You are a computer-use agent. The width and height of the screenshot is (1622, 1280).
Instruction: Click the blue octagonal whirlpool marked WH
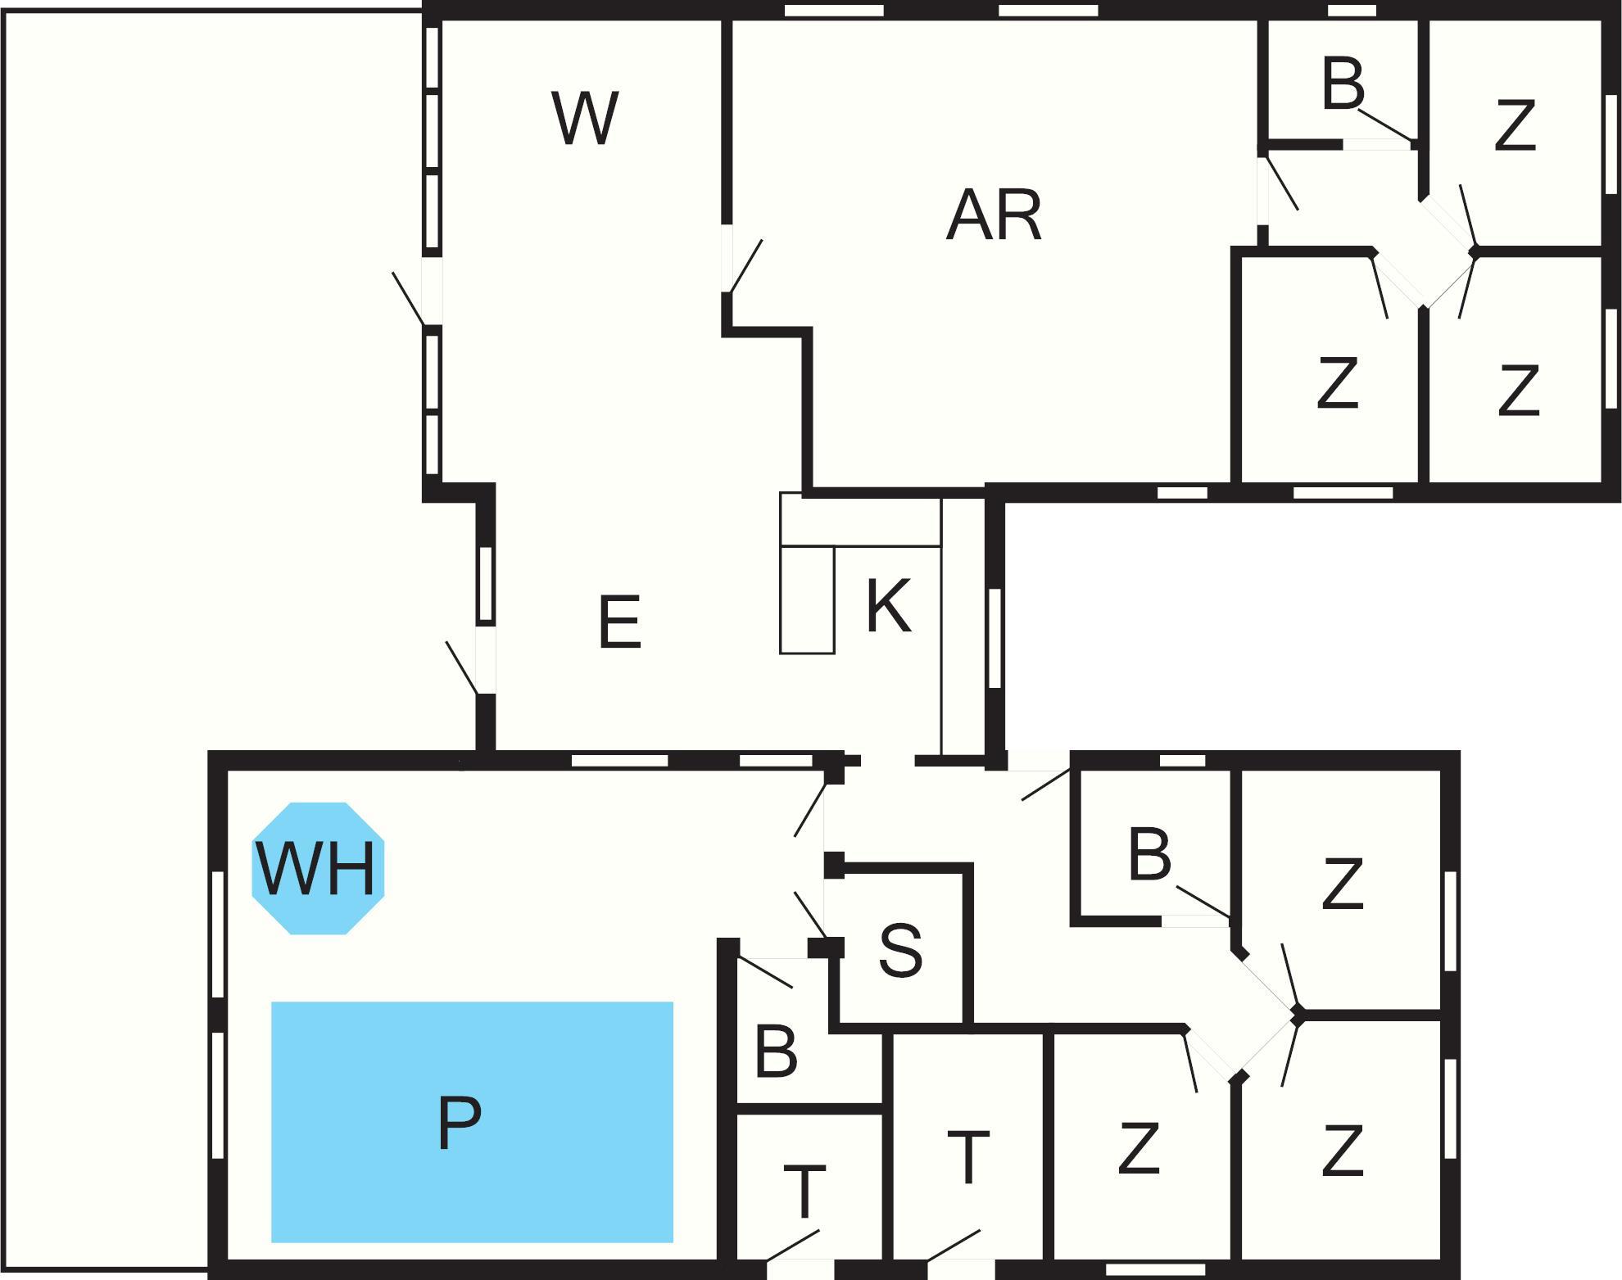(x=317, y=868)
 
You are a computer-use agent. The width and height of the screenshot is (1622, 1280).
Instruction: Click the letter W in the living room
(x=584, y=119)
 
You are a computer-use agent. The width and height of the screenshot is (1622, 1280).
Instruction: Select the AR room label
(x=994, y=215)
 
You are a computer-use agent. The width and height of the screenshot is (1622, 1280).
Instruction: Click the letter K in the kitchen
(x=888, y=606)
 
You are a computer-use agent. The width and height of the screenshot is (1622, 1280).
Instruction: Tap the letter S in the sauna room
(x=900, y=951)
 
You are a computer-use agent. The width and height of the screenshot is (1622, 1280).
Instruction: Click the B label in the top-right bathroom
(x=1343, y=84)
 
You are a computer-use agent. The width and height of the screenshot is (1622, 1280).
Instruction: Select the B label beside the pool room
(x=775, y=1052)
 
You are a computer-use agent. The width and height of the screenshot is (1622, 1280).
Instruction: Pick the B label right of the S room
(x=1149, y=856)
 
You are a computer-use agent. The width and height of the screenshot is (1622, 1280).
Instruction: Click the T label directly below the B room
(x=804, y=1192)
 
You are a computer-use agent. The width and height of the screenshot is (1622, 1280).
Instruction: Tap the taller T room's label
(x=968, y=1157)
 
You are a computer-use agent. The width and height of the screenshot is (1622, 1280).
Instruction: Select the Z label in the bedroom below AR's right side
(x=1337, y=382)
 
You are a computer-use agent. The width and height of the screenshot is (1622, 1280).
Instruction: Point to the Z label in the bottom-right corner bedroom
(x=1342, y=1151)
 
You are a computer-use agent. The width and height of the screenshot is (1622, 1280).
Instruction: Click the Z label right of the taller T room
(x=1138, y=1148)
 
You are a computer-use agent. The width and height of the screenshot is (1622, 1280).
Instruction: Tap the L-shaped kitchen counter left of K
(x=807, y=598)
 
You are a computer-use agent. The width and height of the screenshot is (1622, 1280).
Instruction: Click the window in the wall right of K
(x=994, y=638)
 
